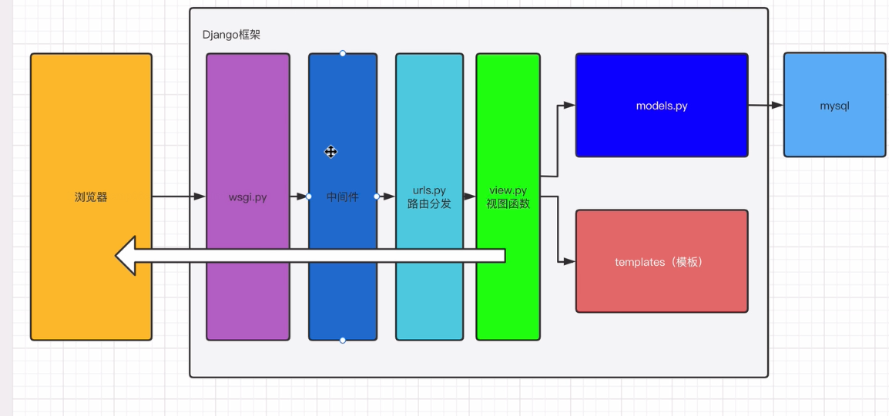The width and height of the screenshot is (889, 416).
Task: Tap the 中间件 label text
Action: point(343,197)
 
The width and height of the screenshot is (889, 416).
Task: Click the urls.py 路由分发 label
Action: point(429,197)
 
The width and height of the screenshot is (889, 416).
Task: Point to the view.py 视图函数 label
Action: point(508,197)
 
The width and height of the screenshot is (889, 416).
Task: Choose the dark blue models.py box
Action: point(662,106)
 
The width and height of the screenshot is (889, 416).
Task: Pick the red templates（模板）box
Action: point(662,262)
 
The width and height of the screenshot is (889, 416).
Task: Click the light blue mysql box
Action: point(834,106)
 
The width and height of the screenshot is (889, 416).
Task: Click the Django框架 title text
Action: point(232,35)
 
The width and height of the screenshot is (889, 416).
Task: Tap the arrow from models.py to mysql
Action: point(766,106)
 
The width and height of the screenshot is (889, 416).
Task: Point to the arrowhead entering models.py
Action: point(570,105)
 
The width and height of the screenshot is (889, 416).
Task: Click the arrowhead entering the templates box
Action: point(570,262)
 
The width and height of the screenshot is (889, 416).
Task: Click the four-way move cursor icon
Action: point(330,152)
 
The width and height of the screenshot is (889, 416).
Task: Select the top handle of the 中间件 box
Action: point(343,53)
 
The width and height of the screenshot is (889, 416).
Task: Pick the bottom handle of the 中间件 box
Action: point(343,340)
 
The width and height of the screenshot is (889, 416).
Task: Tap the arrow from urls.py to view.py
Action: point(469,196)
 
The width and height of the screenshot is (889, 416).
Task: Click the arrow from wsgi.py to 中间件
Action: point(299,196)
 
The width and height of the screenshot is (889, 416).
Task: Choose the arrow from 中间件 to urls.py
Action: point(386,196)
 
